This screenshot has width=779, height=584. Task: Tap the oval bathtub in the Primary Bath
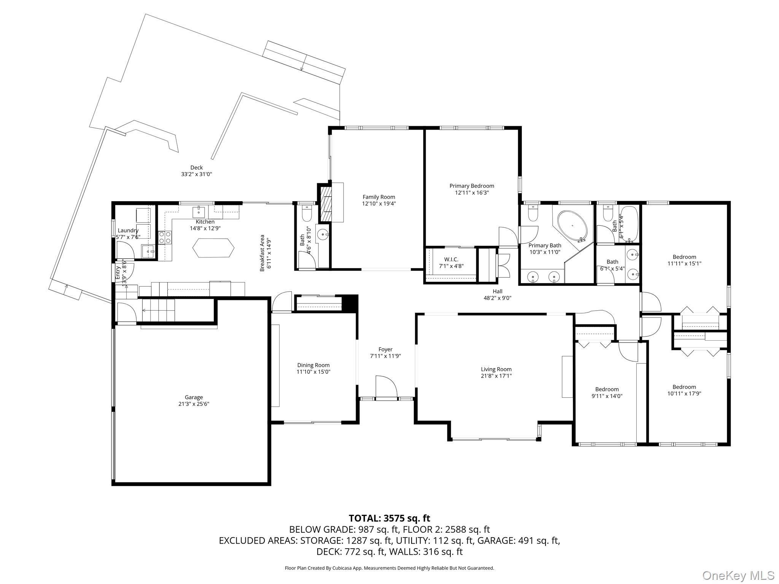coord(572,225)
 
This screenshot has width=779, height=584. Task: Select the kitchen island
coord(213,248)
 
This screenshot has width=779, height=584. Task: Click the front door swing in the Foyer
coord(386,387)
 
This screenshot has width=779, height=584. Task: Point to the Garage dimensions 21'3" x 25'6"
coord(194,404)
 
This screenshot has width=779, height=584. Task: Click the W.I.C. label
coord(451,259)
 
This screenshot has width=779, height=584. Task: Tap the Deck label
coord(196,167)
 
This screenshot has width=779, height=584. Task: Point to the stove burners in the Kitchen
coord(165,238)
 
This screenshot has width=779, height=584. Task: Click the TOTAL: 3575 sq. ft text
coord(389,518)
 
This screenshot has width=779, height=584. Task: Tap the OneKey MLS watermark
coord(738,575)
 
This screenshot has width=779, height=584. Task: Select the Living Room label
coord(496,369)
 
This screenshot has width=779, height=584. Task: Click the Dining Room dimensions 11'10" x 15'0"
coord(313,372)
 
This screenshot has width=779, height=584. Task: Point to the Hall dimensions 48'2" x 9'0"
coord(497,298)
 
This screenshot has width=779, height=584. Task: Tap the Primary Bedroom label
coord(472,186)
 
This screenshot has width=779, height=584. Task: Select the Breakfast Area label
coord(262,253)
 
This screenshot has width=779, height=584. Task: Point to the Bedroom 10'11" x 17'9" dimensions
coord(684,394)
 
